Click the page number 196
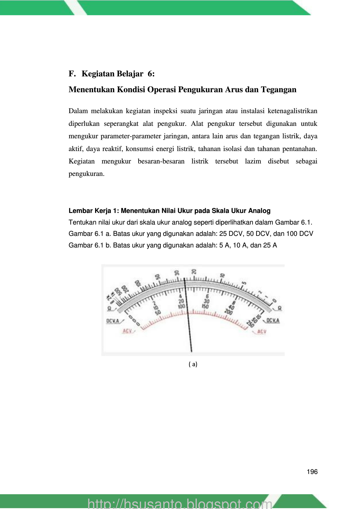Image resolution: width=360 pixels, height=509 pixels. click(312, 472)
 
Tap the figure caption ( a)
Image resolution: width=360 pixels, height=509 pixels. click(193, 364)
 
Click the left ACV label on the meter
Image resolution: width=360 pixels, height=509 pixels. click(128, 331)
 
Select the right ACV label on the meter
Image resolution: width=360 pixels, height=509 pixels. click(262, 331)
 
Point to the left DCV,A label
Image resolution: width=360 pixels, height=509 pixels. click(113, 321)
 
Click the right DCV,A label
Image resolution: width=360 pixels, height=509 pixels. click(273, 320)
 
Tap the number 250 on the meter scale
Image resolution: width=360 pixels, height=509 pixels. click(250, 324)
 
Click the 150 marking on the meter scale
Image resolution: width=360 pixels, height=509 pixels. click(205, 307)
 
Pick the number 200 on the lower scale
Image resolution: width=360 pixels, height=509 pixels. click(228, 312)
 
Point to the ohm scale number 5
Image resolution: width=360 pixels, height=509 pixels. click(244, 283)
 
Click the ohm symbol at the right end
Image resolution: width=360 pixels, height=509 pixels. click(279, 308)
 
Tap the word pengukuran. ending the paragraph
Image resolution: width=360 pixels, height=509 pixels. click(87, 174)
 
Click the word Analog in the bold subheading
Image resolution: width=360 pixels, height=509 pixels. click(260, 211)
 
